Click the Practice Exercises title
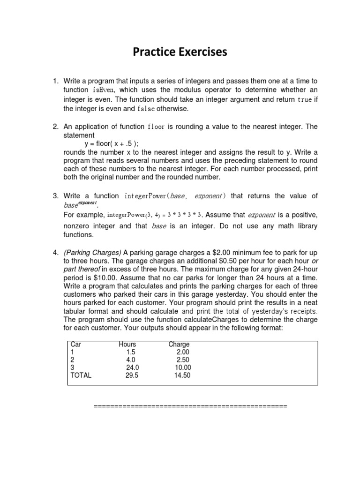[180, 52]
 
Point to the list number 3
[55, 196]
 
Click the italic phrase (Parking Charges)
[92, 253]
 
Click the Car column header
[75, 345]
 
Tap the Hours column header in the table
[127, 345]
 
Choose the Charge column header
[179, 345]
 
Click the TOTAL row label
[81, 375]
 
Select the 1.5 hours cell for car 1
[131, 352]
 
